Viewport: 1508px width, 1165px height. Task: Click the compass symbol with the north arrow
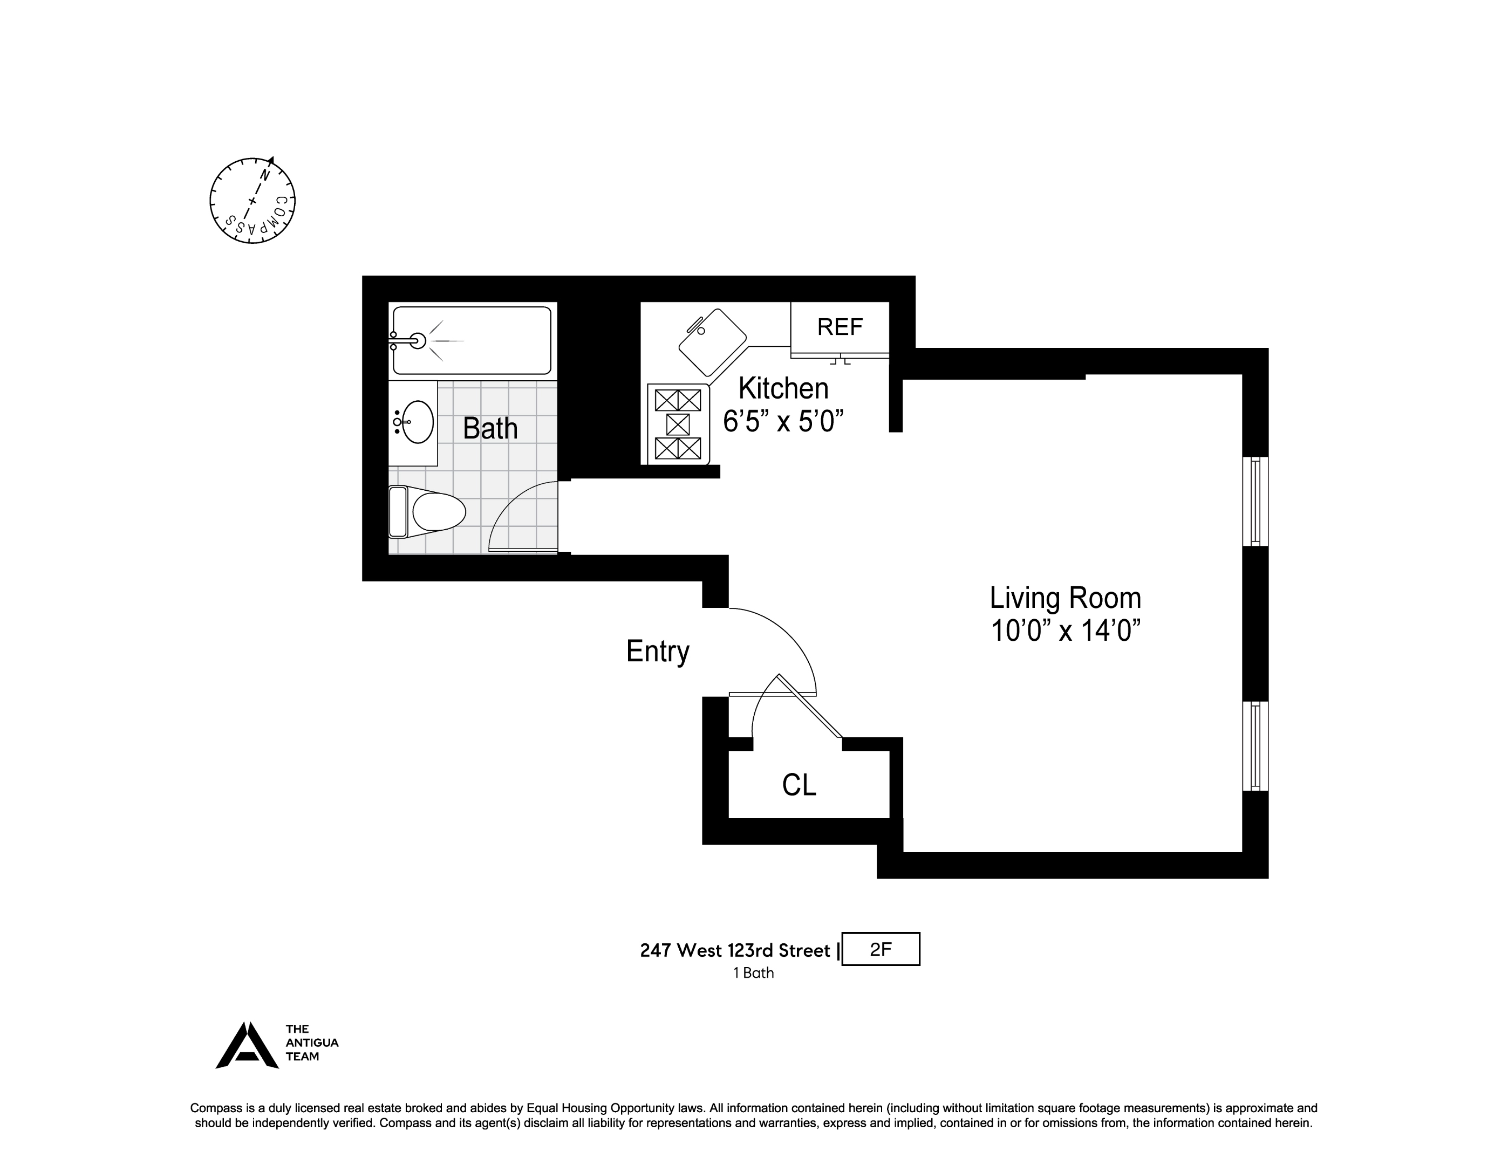252,201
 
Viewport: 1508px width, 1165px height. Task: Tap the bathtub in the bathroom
472,341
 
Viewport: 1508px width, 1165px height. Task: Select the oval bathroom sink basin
417,422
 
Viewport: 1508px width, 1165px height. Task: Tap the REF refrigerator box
840,327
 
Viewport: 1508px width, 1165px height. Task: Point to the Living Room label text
1065,598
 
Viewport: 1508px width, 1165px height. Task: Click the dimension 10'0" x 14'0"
1065,631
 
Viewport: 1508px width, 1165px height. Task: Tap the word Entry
657,652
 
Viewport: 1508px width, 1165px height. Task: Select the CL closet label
799,785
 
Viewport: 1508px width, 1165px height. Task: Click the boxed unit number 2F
881,950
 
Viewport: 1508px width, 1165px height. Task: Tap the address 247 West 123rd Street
735,951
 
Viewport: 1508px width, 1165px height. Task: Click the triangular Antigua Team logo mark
247,1046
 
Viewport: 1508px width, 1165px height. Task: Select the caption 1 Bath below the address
753,973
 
